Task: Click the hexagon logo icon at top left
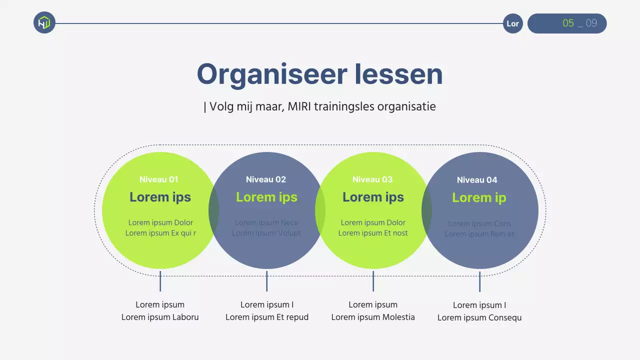[x=44, y=22]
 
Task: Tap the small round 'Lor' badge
[x=512, y=23]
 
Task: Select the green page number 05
[x=568, y=23]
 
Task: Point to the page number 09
[x=591, y=23]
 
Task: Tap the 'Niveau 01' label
[x=159, y=179]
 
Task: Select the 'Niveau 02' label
[x=266, y=179]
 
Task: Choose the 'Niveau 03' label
[x=372, y=179]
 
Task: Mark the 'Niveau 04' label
[x=477, y=180]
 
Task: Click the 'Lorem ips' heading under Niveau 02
[x=266, y=197]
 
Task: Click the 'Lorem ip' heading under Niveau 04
[x=479, y=197]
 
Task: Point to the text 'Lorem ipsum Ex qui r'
[x=160, y=233]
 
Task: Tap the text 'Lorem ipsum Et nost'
[x=373, y=233]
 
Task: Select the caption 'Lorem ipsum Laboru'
[x=160, y=317]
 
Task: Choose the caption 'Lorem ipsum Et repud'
[x=267, y=317]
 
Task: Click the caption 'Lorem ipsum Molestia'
[x=373, y=317]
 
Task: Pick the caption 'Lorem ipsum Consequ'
[x=479, y=317]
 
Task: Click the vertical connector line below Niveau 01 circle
[x=160, y=281]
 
